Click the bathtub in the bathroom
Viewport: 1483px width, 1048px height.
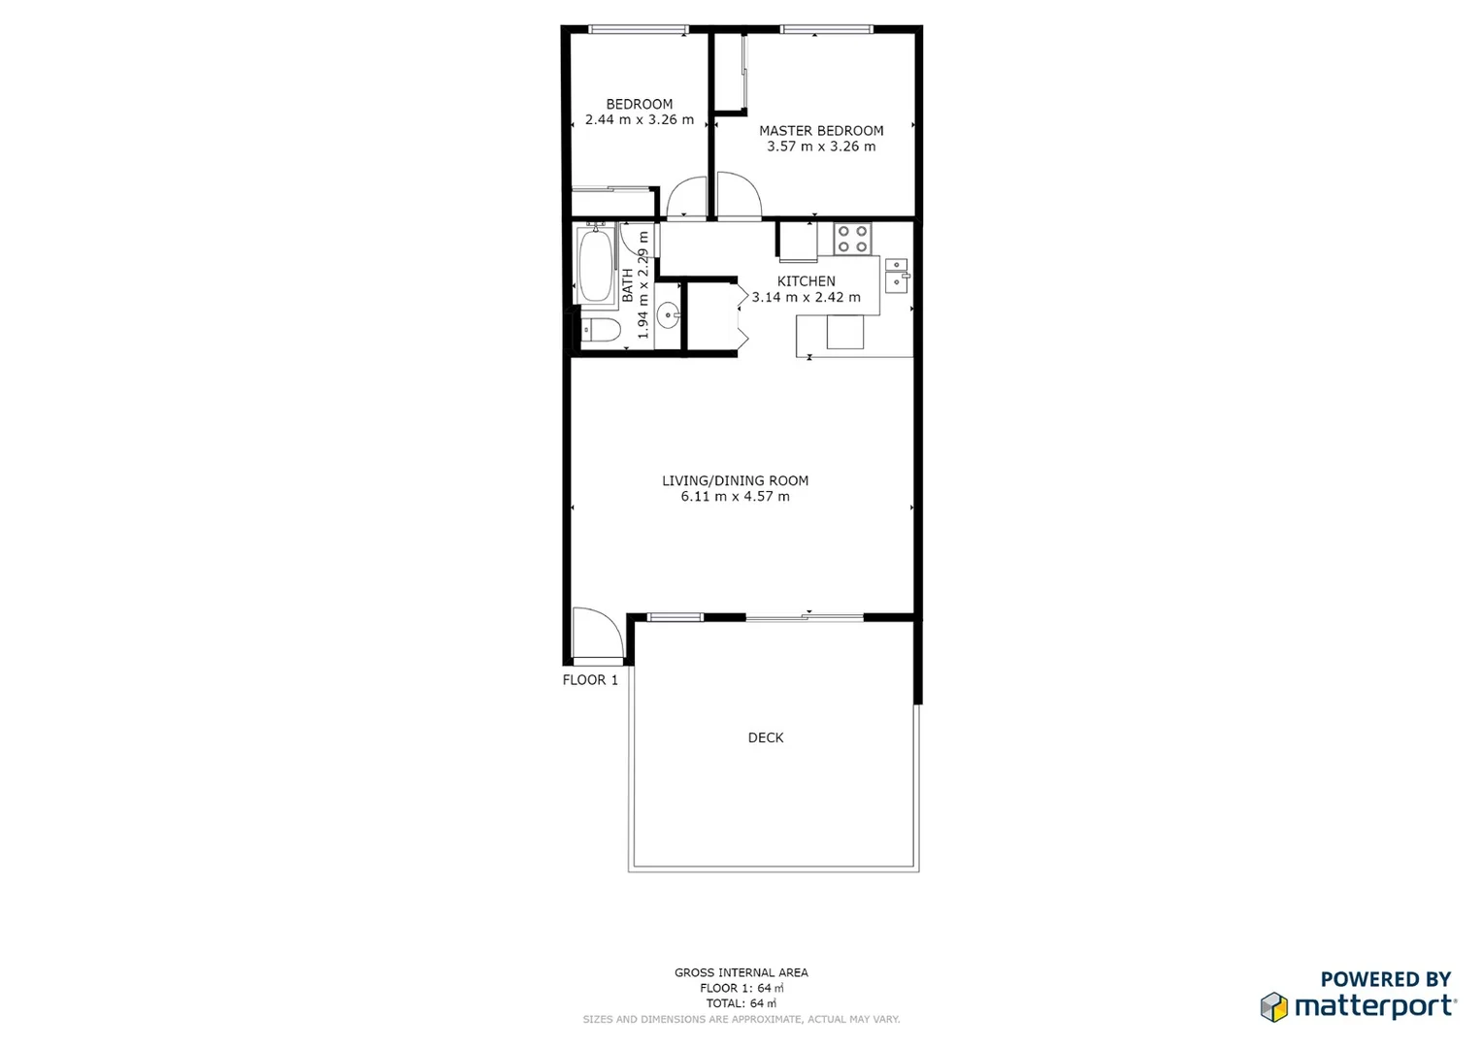coord(595,265)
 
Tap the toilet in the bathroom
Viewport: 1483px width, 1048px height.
coord(600,331)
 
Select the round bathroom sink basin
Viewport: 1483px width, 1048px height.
coord(668,314)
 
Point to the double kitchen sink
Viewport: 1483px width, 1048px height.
coord(896,275)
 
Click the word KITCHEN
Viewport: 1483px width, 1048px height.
coord(806,281)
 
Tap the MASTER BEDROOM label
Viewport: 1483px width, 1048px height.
coord(821,131)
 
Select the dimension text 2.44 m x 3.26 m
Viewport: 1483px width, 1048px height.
coord(640,120)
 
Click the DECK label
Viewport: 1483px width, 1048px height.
coord(766,737)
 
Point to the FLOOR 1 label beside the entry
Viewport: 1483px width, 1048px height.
coord(590,680)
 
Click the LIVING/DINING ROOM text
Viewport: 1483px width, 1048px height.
coord(735,480)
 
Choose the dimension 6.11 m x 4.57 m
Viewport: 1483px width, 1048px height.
coord(735,497)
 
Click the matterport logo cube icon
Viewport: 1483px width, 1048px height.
coord(1274,1007)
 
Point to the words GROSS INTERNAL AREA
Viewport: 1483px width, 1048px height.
coord(741,972)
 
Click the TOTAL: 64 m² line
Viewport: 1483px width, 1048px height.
coord(741,1003)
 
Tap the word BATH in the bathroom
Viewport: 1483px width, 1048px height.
coord(628,284)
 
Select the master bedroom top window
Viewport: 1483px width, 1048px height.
coord(827,30)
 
